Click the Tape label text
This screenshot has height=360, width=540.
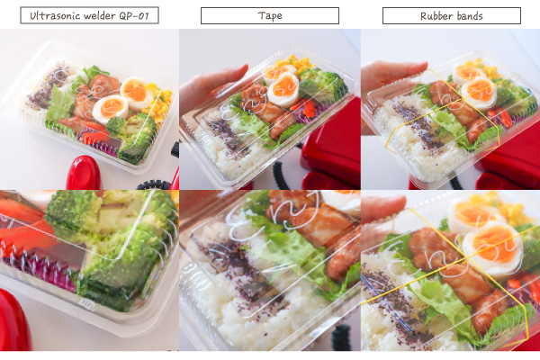point(270,16)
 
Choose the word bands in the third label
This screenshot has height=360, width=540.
point(468,16)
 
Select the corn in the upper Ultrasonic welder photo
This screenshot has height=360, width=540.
point(159,104)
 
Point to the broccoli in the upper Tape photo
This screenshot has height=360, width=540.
point(322,84)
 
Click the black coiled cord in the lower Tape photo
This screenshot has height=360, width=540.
point(342,337)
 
